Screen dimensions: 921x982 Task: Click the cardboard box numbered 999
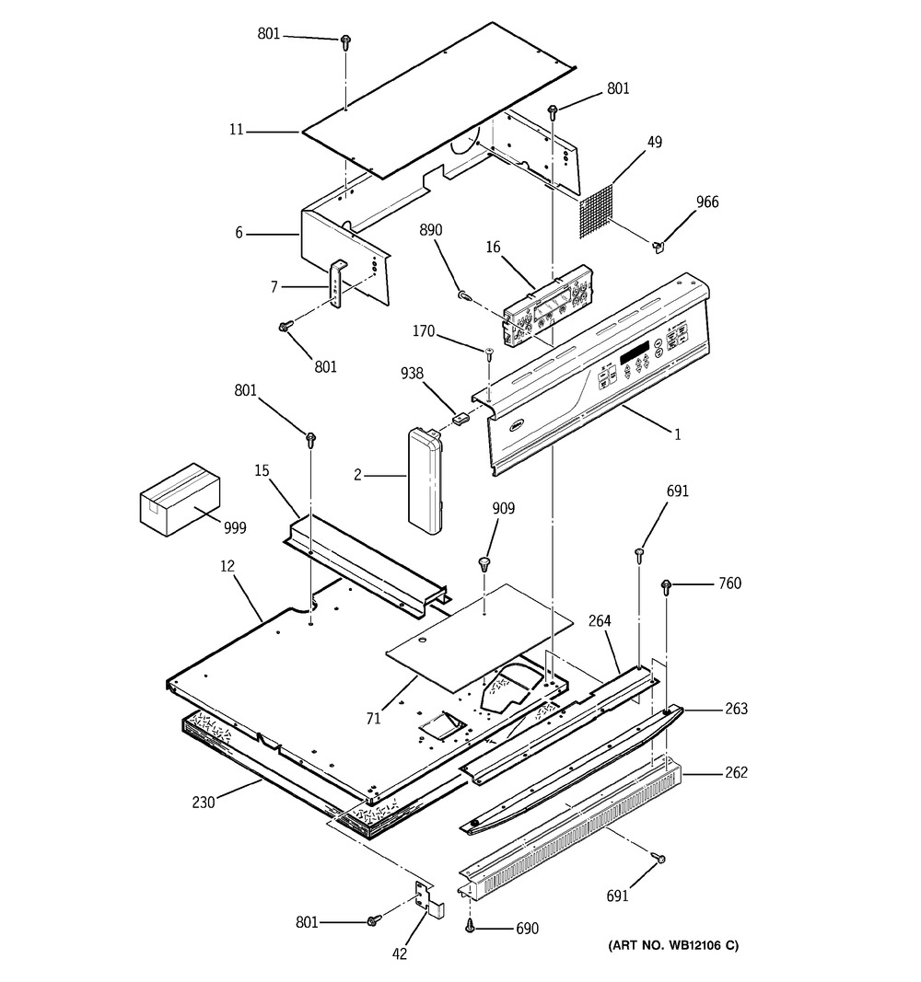[180, 499]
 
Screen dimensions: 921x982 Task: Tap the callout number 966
[707, 202]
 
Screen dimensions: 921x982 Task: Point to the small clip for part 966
[658, 246]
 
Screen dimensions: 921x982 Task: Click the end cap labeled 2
[426, 481]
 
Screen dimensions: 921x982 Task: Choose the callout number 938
[412, 374]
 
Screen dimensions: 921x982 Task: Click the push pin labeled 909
[484, 563]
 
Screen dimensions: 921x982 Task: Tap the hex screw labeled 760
[666, 587]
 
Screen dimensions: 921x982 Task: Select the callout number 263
[736, 709]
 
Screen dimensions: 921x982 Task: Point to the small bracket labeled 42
[430, 896]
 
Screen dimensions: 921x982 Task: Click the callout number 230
[203, 802]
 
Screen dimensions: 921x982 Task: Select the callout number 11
[236, 130]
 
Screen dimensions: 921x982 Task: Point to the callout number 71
[373, 719]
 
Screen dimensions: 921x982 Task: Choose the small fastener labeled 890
[464, 295]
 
